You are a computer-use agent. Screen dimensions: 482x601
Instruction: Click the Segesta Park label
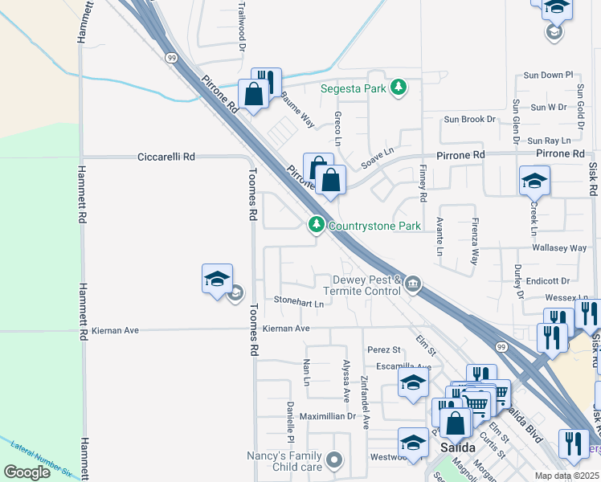tap(354, 88)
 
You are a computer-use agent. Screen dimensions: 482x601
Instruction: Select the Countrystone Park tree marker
tap(317, 226)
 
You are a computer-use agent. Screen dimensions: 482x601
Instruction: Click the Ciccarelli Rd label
tap(166, 157)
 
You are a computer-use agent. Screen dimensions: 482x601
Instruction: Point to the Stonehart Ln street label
tap(298, 304)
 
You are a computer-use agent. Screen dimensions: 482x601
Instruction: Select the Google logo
tap(27, 472)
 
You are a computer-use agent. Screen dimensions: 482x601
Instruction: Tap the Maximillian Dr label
tap(327, 416)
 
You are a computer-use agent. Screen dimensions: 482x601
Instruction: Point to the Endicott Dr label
tap(548, 281)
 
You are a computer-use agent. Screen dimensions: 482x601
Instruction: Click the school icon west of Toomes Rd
tap(217, 279)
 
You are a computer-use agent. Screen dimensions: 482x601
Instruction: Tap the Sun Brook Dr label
tap(470, 119)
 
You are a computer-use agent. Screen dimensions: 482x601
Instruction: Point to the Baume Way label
tap(297, 108)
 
